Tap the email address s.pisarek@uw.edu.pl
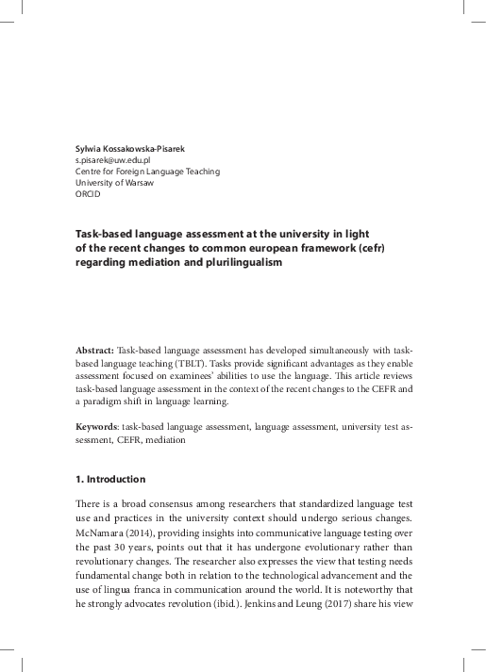[113, 160]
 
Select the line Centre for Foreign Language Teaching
[147, 172]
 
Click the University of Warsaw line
[111, 183]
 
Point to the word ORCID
[88, 194]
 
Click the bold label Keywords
[97, 427]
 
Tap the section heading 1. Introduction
[110, 479]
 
